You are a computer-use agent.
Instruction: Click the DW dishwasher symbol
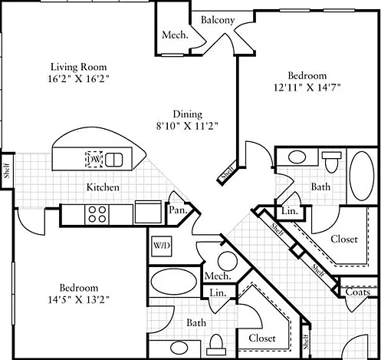(94, 159)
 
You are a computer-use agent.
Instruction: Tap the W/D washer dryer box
(161, 246)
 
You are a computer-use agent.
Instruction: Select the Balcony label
(218, 20)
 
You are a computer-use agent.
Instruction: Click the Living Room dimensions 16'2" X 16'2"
(79, 78)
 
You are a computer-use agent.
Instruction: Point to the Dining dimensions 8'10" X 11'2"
(187, 126)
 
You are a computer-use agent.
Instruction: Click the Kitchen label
(103, 187)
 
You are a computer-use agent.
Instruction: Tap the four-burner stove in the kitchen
(97, 215)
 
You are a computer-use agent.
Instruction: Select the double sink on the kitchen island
(113, 160)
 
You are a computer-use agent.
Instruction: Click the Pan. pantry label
(178, 210)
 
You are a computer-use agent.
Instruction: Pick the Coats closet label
(358, 292)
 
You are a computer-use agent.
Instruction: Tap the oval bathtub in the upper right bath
(362, 176)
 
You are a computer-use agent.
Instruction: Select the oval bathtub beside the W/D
(174, 282)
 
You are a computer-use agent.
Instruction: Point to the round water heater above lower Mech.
(228, 262)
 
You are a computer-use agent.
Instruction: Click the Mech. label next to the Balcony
(175, 35)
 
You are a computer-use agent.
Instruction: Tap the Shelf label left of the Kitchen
(7, 170)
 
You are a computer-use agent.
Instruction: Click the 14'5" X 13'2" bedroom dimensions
(79, 299)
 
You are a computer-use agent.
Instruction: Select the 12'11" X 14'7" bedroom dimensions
(307, 88)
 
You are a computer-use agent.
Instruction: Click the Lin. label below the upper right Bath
(290, 211)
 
